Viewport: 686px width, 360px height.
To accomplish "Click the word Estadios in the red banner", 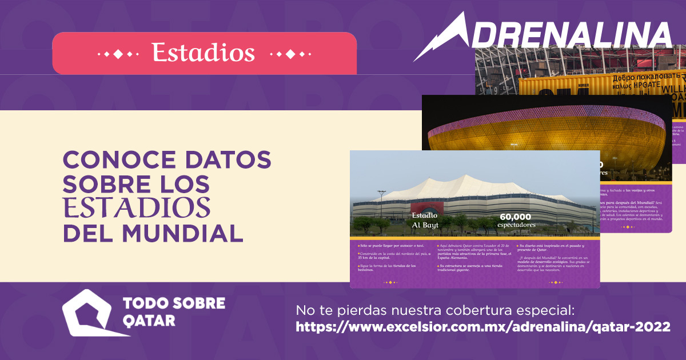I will pyautogui.click(x=204, y=53).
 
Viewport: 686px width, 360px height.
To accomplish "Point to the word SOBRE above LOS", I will pyautogui.click(x=109, y=185).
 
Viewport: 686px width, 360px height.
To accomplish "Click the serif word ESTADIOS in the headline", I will pyautogui.click(x=137, y=209).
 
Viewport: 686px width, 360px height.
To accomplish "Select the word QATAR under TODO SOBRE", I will pyautogui.click(x=149, y=321).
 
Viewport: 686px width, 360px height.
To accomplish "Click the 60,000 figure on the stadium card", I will pyautogui.click(x=516, y=217).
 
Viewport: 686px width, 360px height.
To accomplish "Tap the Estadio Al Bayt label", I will pyautogui.click(x=425, y=220).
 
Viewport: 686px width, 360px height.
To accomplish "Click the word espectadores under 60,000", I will pyautogui.click(x=516, y=225).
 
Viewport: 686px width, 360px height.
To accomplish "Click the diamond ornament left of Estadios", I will pyautogui.click(x=118, y=54).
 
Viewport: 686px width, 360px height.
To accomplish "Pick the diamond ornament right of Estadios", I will pyautogui.click(x=290, y=54).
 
